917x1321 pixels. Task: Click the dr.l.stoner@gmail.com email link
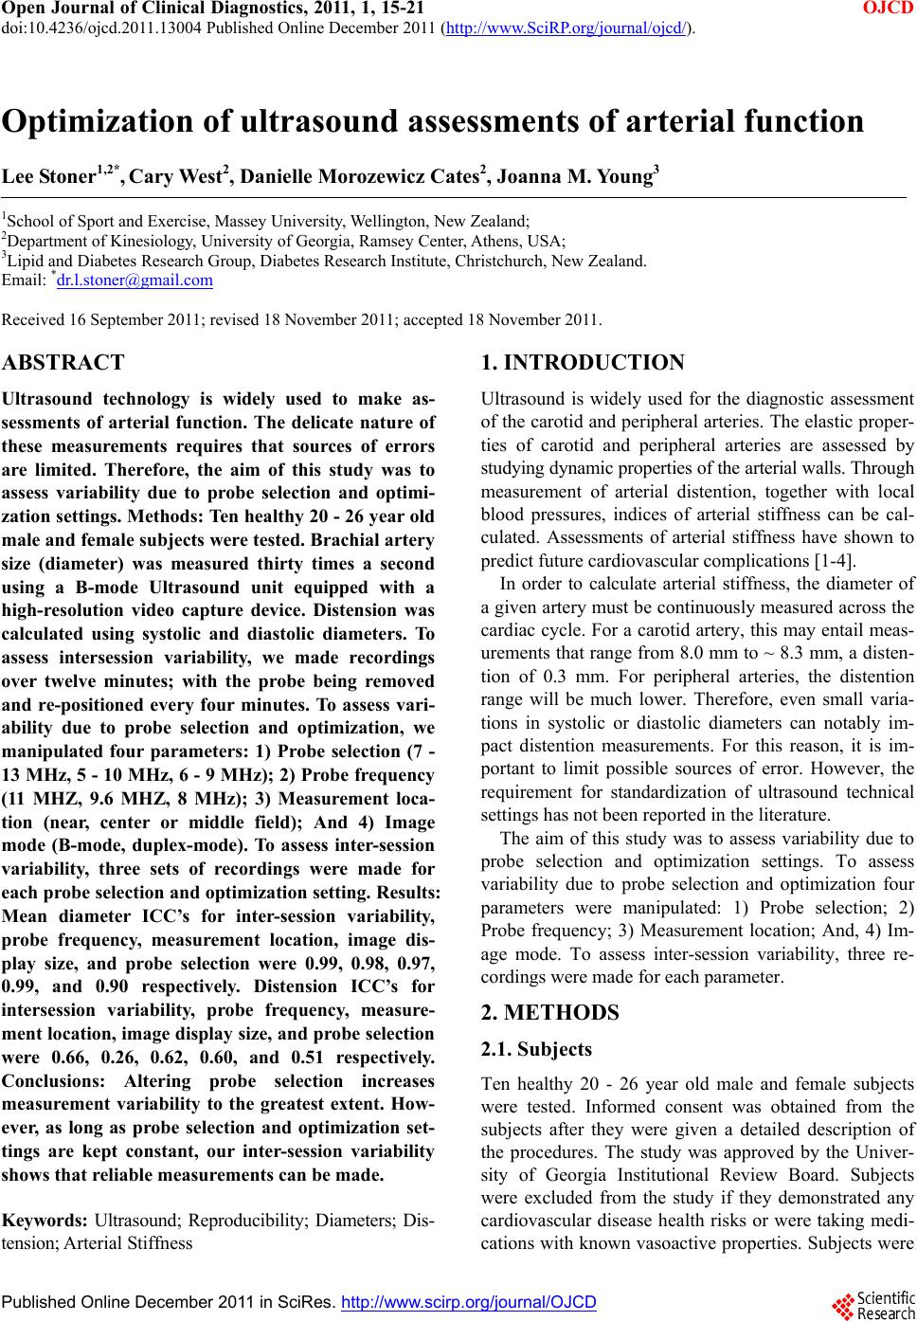click(x=135, y=280)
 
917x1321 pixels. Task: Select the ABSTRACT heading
click(x=63, y=362)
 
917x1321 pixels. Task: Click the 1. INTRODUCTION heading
click(x=583, y=362)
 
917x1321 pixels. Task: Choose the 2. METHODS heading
click(x=549, y=1012)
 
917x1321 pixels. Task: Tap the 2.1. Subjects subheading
click(x=536, y=1049)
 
